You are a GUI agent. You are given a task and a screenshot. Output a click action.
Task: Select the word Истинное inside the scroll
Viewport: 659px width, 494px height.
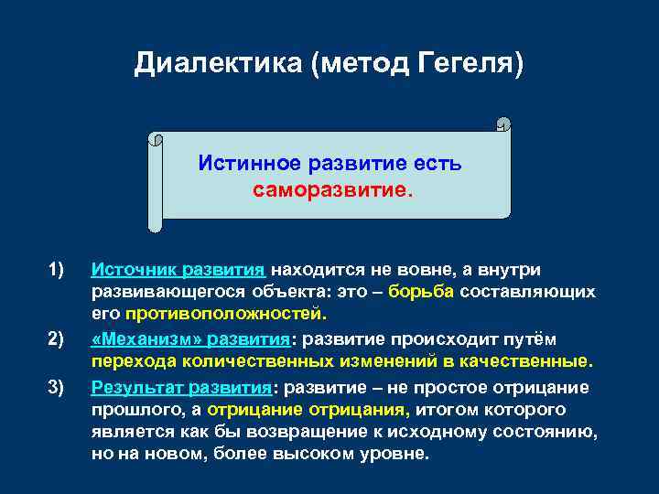click(248, 165)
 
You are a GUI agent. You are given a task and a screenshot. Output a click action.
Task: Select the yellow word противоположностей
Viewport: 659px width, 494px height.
click(224, 315)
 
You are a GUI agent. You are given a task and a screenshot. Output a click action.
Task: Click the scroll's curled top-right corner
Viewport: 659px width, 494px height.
click(502, 123)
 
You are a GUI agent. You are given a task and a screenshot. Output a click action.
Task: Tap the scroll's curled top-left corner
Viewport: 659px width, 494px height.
click(155, 140)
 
